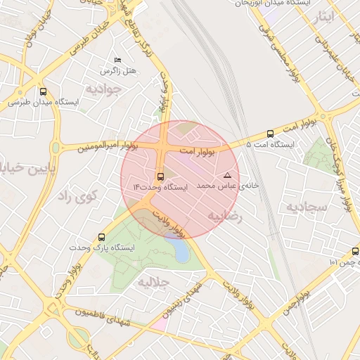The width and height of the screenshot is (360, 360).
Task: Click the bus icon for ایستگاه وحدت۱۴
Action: (x=160, y=176)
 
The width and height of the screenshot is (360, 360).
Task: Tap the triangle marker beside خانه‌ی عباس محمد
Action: (x=226, y=175)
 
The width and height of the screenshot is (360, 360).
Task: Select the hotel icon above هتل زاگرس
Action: (x=117, y=61)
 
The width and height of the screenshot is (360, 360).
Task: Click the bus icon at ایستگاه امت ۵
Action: (x=271, y=134)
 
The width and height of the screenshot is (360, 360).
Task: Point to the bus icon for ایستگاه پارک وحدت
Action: (x=102, y=238)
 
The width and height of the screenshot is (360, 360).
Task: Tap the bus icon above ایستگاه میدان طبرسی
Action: (x=44, y=91)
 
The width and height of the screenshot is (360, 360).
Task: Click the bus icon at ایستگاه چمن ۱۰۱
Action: (x=354, y=251)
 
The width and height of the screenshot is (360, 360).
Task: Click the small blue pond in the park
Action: (x=181, y=251)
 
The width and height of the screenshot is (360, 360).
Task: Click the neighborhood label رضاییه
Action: (x=224, y=217)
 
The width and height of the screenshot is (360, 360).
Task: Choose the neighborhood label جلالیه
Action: (x=153, y=282)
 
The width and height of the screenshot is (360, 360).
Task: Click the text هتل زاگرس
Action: (x=120, y=72)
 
